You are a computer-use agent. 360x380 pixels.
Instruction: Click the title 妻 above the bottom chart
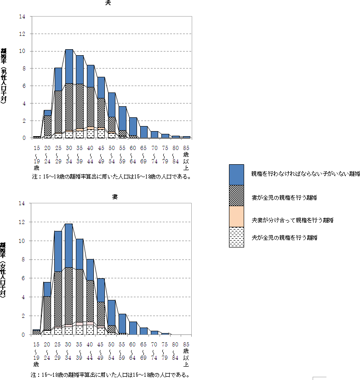point(115,196)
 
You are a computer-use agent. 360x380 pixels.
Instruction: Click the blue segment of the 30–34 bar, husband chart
point(69,67)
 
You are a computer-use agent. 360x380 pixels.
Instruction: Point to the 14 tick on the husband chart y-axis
point(22,17)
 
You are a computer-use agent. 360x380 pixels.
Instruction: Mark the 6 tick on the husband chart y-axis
point(23,86)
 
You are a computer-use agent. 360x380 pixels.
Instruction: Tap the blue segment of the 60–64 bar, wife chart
point(133,328)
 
